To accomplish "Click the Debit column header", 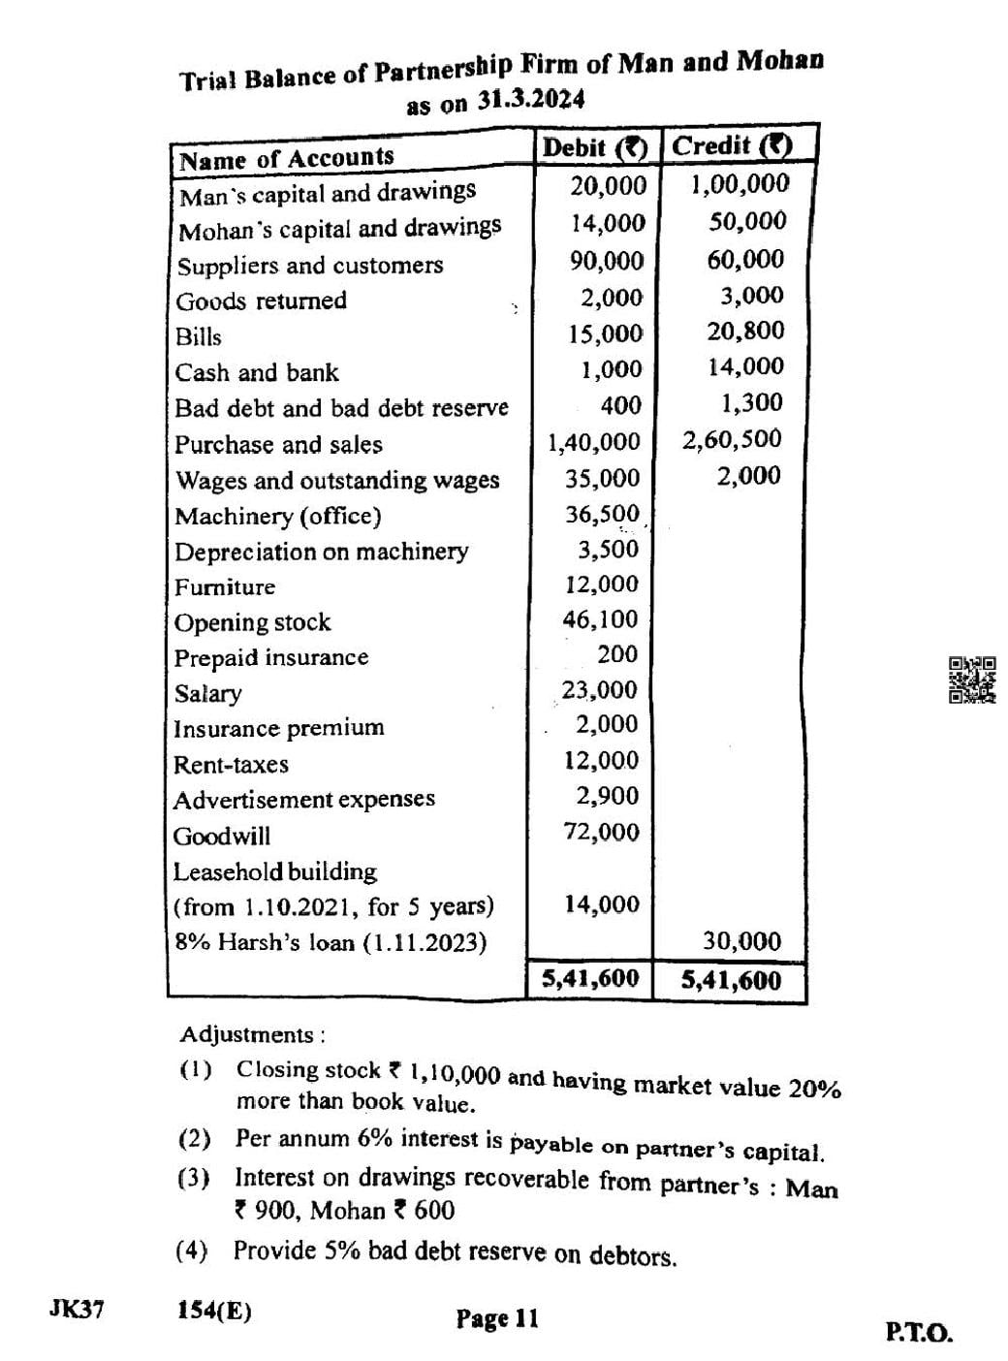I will tap(594, 147).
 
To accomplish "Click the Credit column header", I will tap(732, 145).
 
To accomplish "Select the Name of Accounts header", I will tap(287, 158).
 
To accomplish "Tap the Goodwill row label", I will tap(222, 836).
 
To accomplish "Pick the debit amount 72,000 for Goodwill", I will tap(602, 832).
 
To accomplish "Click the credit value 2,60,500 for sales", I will tap(732, 439).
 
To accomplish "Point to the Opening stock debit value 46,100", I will tap(601, 619).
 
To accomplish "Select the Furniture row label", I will tap(225, 586).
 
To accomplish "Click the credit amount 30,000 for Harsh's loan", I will tap(741, 941).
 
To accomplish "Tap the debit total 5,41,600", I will tap(590, 978).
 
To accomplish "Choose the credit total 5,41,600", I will tap(731, 980).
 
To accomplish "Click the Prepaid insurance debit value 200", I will tap(617, 654).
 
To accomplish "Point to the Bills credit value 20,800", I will tap(745, 331).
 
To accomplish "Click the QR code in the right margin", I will tap(971, 680).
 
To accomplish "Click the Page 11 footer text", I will tap(496, 1318).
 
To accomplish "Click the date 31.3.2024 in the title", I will tap(532, 100).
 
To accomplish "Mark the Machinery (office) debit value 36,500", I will tap(603, 514).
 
